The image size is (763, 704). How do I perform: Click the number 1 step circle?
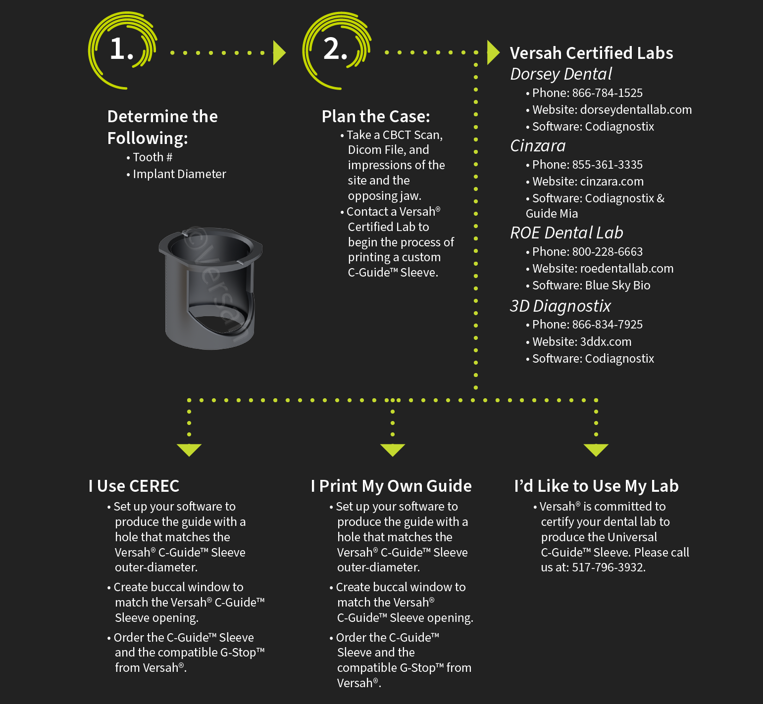[x=122, y=50]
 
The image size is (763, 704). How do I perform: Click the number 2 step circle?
[x=336, y=50]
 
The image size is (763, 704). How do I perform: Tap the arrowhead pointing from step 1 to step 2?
[x=279, y=53]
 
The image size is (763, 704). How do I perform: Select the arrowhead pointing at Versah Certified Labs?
[x=493, y=52]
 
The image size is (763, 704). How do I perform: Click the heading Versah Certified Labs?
[x=591, y=53]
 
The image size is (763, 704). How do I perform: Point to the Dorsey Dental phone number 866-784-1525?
[x=607, y=93]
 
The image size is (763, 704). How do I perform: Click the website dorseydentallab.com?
[x=636, y=110]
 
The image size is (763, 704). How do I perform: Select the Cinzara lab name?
[x=538, y=146]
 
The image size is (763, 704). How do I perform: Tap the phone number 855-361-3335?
[x=607, y=165]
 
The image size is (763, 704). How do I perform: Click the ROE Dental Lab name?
[x=566, y=233]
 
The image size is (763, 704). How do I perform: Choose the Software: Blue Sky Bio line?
[x=591, y=285]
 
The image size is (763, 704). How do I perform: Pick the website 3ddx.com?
[x=606, y=342]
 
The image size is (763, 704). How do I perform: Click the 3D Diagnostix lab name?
[x=560, y=306]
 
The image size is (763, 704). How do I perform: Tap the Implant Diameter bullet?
[x=179, y=174]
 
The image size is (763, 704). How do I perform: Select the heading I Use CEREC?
[x=134, y=486]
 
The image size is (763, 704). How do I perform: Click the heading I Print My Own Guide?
[x=391, y=486]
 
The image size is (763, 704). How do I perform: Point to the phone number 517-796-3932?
[x=608, y=567]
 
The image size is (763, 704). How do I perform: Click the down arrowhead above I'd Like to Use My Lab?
[x=596, y=449]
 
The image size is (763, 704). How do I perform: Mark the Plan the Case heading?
[x=376, y=117]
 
